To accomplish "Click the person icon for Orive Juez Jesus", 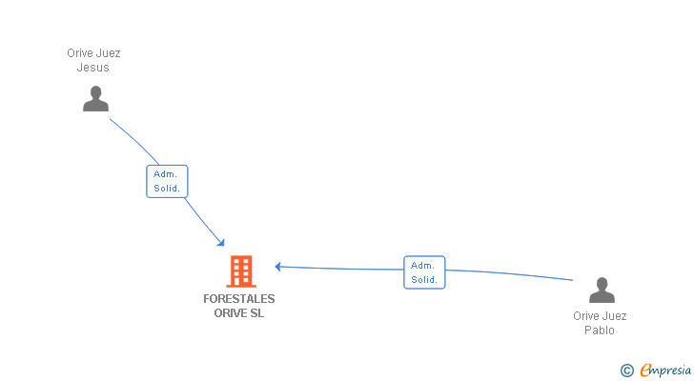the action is pos(95,98).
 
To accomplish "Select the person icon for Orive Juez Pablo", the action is pos(602,291).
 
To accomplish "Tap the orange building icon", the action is pos(241,271).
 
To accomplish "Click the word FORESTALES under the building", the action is pos(239,299).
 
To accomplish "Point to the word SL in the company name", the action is pos(256,313).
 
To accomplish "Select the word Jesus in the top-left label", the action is pos(93,68).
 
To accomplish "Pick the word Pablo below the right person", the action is pos(600,331).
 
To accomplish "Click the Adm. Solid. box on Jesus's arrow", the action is pos(167,181).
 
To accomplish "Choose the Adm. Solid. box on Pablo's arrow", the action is pos(424,272).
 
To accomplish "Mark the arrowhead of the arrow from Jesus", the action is pos(221,243).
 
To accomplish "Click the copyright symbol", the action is pos(626,371).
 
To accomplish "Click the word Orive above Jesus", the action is pos(80,53).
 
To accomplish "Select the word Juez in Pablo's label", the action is pos(615,316).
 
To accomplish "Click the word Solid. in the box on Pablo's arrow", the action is pos(424,280).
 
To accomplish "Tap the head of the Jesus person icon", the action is pos(95,91).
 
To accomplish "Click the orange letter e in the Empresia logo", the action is pos(645,371).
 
